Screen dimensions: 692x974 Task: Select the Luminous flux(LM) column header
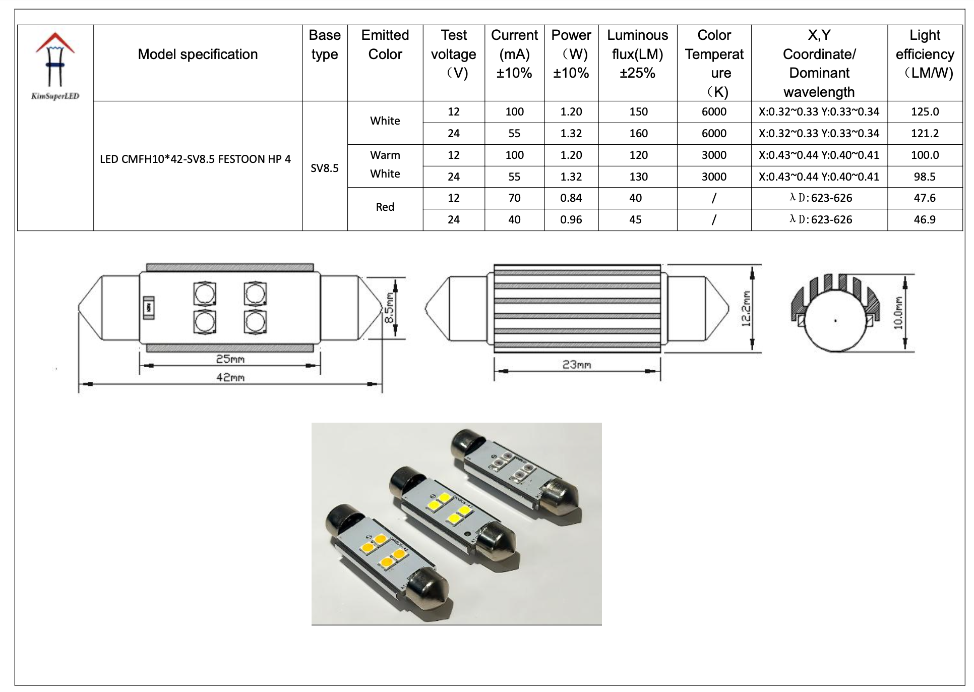[637, 54]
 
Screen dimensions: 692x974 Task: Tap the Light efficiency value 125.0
[925, 112]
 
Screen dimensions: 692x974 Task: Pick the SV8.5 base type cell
[325, 168]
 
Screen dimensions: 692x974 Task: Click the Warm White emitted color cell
[385, 164]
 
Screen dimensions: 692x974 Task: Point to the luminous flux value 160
[638, 134]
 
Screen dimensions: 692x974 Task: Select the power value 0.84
[571, 198]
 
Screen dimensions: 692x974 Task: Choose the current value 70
[514, 198]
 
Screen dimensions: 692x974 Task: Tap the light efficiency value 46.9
[925, 220]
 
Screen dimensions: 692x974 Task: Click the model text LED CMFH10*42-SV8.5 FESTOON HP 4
[196, 159]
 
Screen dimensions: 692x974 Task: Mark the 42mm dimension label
[230, 377]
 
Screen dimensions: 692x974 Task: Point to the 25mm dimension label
[230, 359]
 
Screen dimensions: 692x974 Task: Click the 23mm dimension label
[577, 365]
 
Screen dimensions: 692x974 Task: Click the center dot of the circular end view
[835, 321]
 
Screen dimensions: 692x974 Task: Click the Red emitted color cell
[385, 207]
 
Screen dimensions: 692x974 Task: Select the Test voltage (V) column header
[453, 54]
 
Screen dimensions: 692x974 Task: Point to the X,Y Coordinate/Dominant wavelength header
[819, 64]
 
